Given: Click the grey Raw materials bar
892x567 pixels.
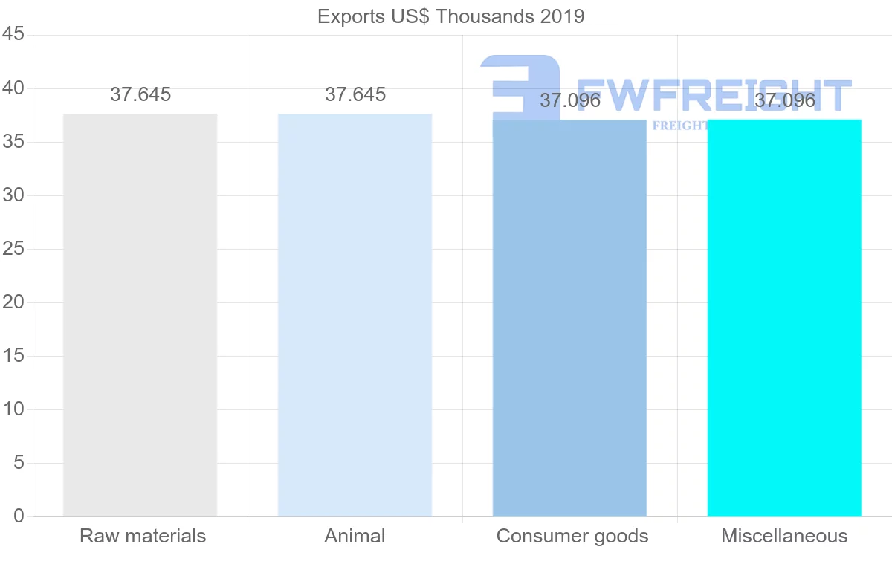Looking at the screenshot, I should coord(140,315).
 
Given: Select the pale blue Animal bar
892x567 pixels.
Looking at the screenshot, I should coord(355,315).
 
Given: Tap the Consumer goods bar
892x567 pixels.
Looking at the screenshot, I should coord(569,318).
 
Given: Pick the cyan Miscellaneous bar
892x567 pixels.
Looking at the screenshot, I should coord(784,318).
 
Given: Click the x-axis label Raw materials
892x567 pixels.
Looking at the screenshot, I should coord(143,536).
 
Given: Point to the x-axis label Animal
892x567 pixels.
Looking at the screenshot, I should coord(355,536).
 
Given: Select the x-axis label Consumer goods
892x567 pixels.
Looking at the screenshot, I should coord(572,536).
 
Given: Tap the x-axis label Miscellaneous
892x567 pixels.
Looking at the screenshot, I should coord(784,536).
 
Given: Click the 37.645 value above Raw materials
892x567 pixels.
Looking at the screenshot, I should coord(140,94).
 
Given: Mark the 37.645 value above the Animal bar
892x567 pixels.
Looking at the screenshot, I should coord(355,94).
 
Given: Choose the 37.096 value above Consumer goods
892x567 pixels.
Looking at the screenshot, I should coord(570,100).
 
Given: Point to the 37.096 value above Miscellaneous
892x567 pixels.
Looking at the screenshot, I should coord(785,100).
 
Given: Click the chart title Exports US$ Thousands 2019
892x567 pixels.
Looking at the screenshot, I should coord(451,16).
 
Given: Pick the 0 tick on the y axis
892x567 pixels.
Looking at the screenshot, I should coord(19,516).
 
